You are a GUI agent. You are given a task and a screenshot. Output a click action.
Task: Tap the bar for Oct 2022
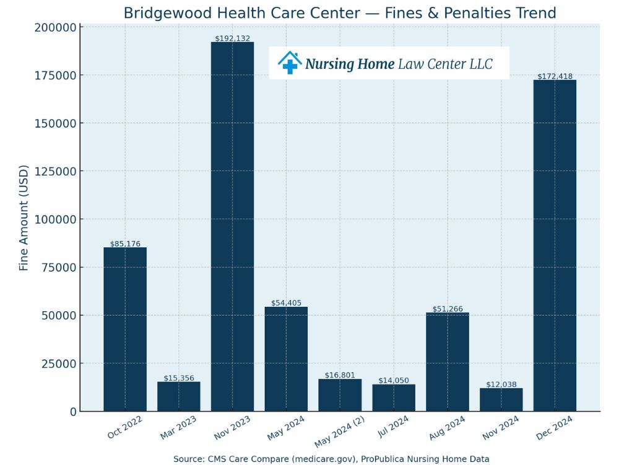click(x=125, y=329)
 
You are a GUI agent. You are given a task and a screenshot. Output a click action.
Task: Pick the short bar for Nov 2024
click(x=501, y=400)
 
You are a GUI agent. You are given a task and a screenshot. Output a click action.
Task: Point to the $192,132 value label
click(x=233, y=38)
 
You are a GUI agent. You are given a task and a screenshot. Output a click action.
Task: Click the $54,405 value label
click(x=286, y=303)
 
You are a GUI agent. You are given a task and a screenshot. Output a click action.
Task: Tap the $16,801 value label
click(x=340, y=375)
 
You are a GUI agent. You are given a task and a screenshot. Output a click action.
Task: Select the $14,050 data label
click(x=394, y=381)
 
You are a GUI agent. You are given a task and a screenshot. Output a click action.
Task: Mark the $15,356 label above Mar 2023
click(x=179, y=378)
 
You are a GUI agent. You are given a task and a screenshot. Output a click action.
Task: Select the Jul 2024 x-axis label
click(x=394, y=428)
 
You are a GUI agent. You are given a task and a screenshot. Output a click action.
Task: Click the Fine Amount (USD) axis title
click(x=24, y=218)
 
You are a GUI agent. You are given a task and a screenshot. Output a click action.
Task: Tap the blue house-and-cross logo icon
click(x=289, y=63)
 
